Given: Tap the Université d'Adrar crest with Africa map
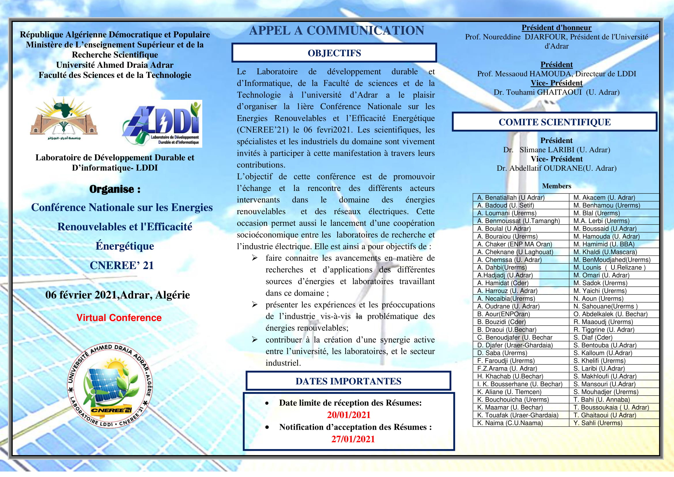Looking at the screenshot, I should click(64, 119).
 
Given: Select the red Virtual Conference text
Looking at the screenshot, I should click(119, 318).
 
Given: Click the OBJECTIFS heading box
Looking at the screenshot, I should click(334, 53).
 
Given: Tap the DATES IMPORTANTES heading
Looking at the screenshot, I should click(348, 381).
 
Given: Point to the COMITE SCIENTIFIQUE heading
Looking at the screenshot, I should click(554, 122).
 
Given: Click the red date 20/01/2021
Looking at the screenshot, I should click(349, 415).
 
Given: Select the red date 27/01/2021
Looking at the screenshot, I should click(353, 439).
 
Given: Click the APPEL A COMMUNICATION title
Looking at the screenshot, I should click(336, 31).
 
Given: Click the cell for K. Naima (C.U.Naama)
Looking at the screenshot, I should click(510, 423).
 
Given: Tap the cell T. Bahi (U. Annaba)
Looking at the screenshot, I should click(601, 399).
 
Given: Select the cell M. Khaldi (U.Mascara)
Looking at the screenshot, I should click(605, 252).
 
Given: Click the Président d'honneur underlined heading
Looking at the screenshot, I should click(556, 28).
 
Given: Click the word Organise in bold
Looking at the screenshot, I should click(112, 189).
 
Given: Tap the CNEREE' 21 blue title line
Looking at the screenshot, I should click(122, 265).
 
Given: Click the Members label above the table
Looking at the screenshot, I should click(556, 186).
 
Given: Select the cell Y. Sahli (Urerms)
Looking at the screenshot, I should click(598, 423).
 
